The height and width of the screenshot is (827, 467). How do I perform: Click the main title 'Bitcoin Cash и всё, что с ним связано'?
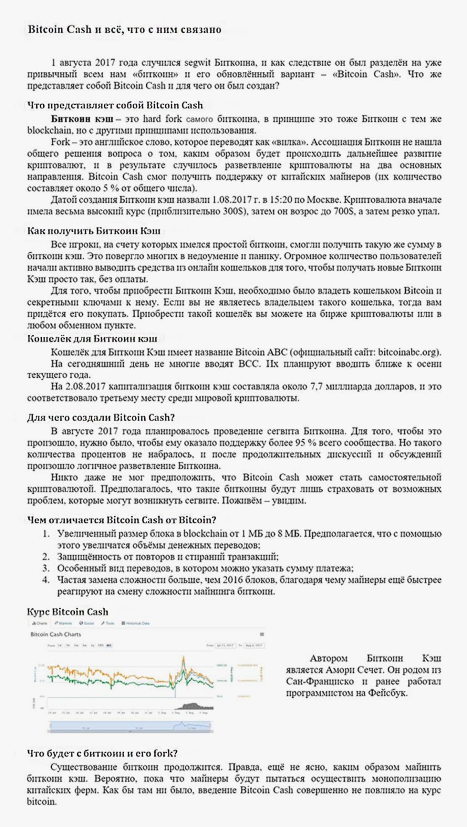click(x=124, y=30)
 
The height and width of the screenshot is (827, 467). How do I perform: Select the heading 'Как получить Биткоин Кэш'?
click(x=94, y=231)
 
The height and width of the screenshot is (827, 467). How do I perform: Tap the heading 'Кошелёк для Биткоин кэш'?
click(x=92, y=339)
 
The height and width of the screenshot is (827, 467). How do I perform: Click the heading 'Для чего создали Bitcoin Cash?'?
click(x=101, y=417)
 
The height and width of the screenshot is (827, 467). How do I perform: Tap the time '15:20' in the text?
click(x=283, y=200)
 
